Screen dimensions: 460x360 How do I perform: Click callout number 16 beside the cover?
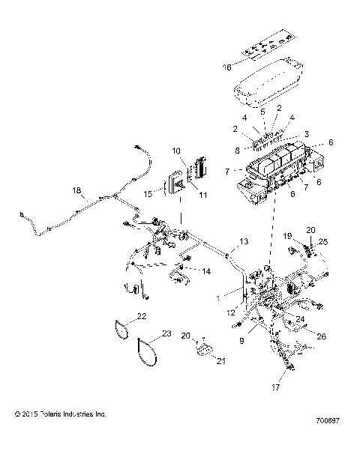coord(227,67)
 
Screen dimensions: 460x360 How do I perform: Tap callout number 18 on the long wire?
coord(75,190)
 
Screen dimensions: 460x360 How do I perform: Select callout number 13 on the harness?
coord(243,241)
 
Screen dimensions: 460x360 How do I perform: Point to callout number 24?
coord(299,318)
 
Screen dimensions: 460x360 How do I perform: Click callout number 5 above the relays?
coord(262,112)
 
